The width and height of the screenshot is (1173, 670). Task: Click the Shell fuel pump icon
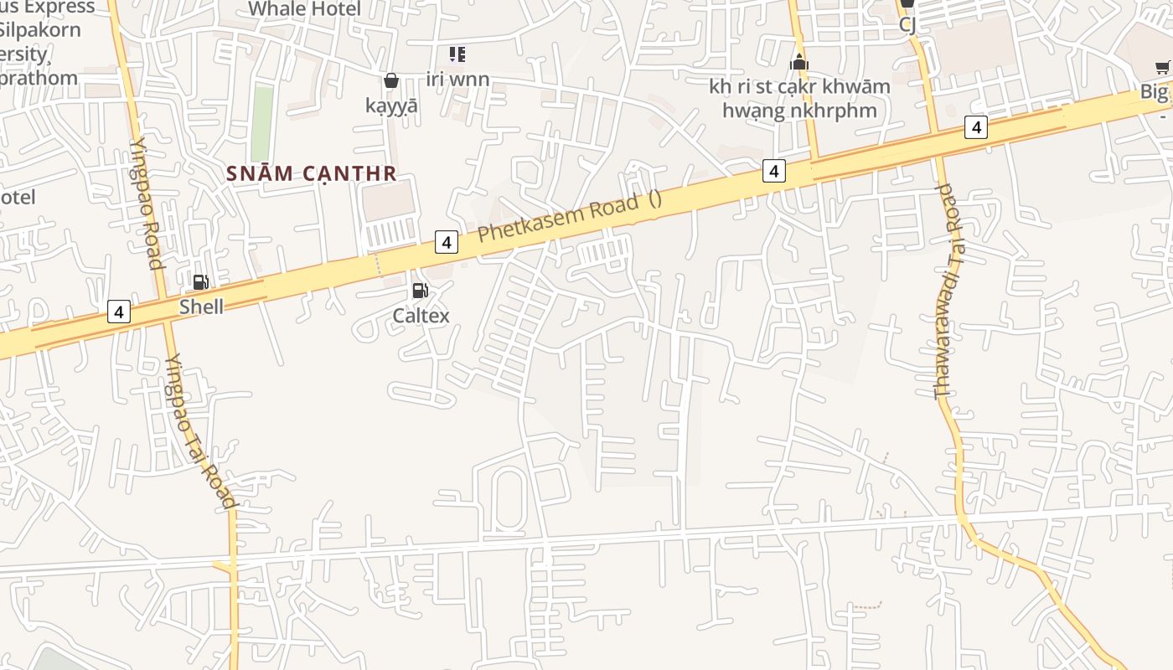tap(201, 282)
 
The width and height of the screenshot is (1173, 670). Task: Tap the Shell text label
tap(201, 307)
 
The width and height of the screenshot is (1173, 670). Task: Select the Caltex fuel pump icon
tap(420, 291)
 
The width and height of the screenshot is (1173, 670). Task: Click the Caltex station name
tap(421, 316)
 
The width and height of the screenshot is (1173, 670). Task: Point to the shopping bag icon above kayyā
tap(390, 80)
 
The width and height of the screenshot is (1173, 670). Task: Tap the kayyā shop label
tap(391, 106)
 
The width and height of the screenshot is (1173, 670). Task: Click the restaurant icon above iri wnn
tap(457, 55)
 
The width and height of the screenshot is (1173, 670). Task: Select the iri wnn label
tap(457, 80)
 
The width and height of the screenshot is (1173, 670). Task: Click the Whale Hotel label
tap(305, 9)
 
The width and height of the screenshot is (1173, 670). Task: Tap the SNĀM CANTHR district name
tap(312, 173)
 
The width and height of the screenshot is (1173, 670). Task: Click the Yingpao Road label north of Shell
tap(143, 203)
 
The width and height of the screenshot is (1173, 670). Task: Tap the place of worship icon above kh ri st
tap(798, 62)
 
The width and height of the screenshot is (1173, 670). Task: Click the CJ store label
tap(907, 24)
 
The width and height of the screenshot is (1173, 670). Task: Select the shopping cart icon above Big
tap(1163, 68)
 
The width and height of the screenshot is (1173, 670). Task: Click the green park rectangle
tap(262, 124)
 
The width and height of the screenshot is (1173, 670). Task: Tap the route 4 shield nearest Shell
tap(119, 312)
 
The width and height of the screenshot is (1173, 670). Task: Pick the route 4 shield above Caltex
tap(447, 242)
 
